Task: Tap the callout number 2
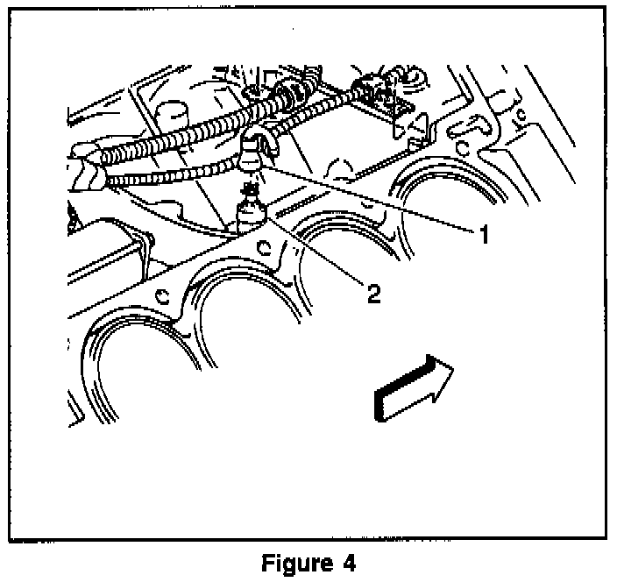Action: (x=374, y=293)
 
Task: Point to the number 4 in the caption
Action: (x=350, y=562)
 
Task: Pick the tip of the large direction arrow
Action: (x=453, y=373)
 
